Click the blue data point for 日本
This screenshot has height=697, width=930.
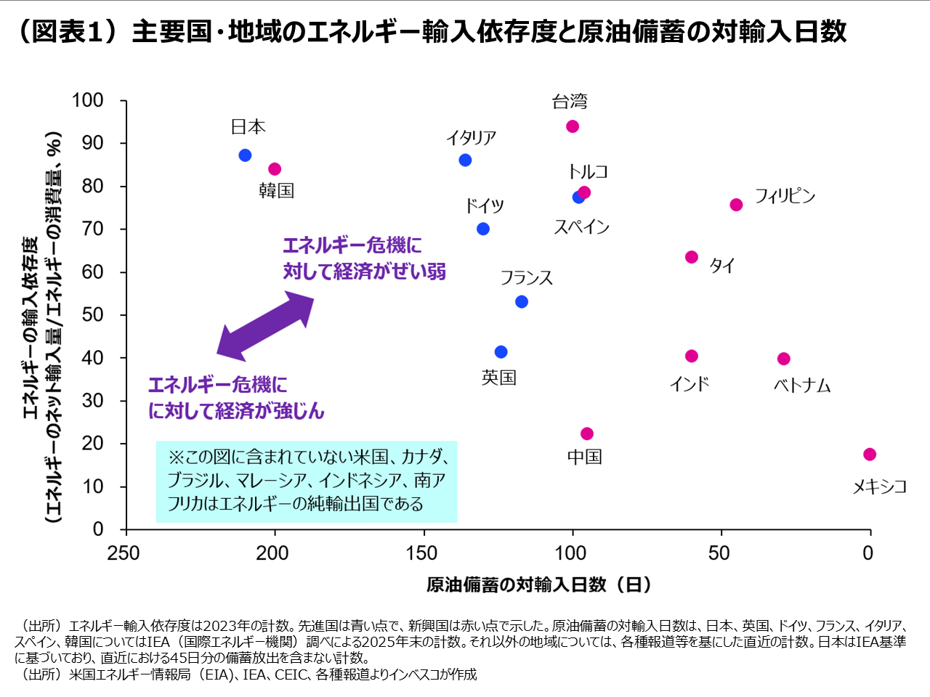(x=245, y=155)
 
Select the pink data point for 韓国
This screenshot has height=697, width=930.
(x=275, y=169)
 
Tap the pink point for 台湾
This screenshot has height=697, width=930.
(x=573, y=126)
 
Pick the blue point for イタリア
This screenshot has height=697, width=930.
(x=465, y=160)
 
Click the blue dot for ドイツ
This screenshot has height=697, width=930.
(x=483, y=229)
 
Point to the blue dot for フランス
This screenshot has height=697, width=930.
(x=522, y=301)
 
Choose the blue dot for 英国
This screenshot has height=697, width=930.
(x=501, y=352)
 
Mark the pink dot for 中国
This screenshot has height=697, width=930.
(x=587, y=433)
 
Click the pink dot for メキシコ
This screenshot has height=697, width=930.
(x=870, y=455)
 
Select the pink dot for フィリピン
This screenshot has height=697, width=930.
(x=736, y=205)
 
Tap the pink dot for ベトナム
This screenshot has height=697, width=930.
(x=783, y=359)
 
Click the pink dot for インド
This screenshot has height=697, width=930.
(x=692, y=356)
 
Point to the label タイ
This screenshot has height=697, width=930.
(x=721, y=265)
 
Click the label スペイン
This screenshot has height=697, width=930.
(x=581, y=227)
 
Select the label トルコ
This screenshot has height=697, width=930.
(x=588, y=171)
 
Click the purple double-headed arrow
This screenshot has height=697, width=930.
(x=265, y=326)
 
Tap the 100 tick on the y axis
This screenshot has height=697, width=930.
(x=88, y=100)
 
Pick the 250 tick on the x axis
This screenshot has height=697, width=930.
(x=124, y=553)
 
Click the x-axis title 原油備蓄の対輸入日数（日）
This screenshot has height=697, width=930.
(x=538, y=584)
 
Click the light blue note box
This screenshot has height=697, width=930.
(x=307, y=481)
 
